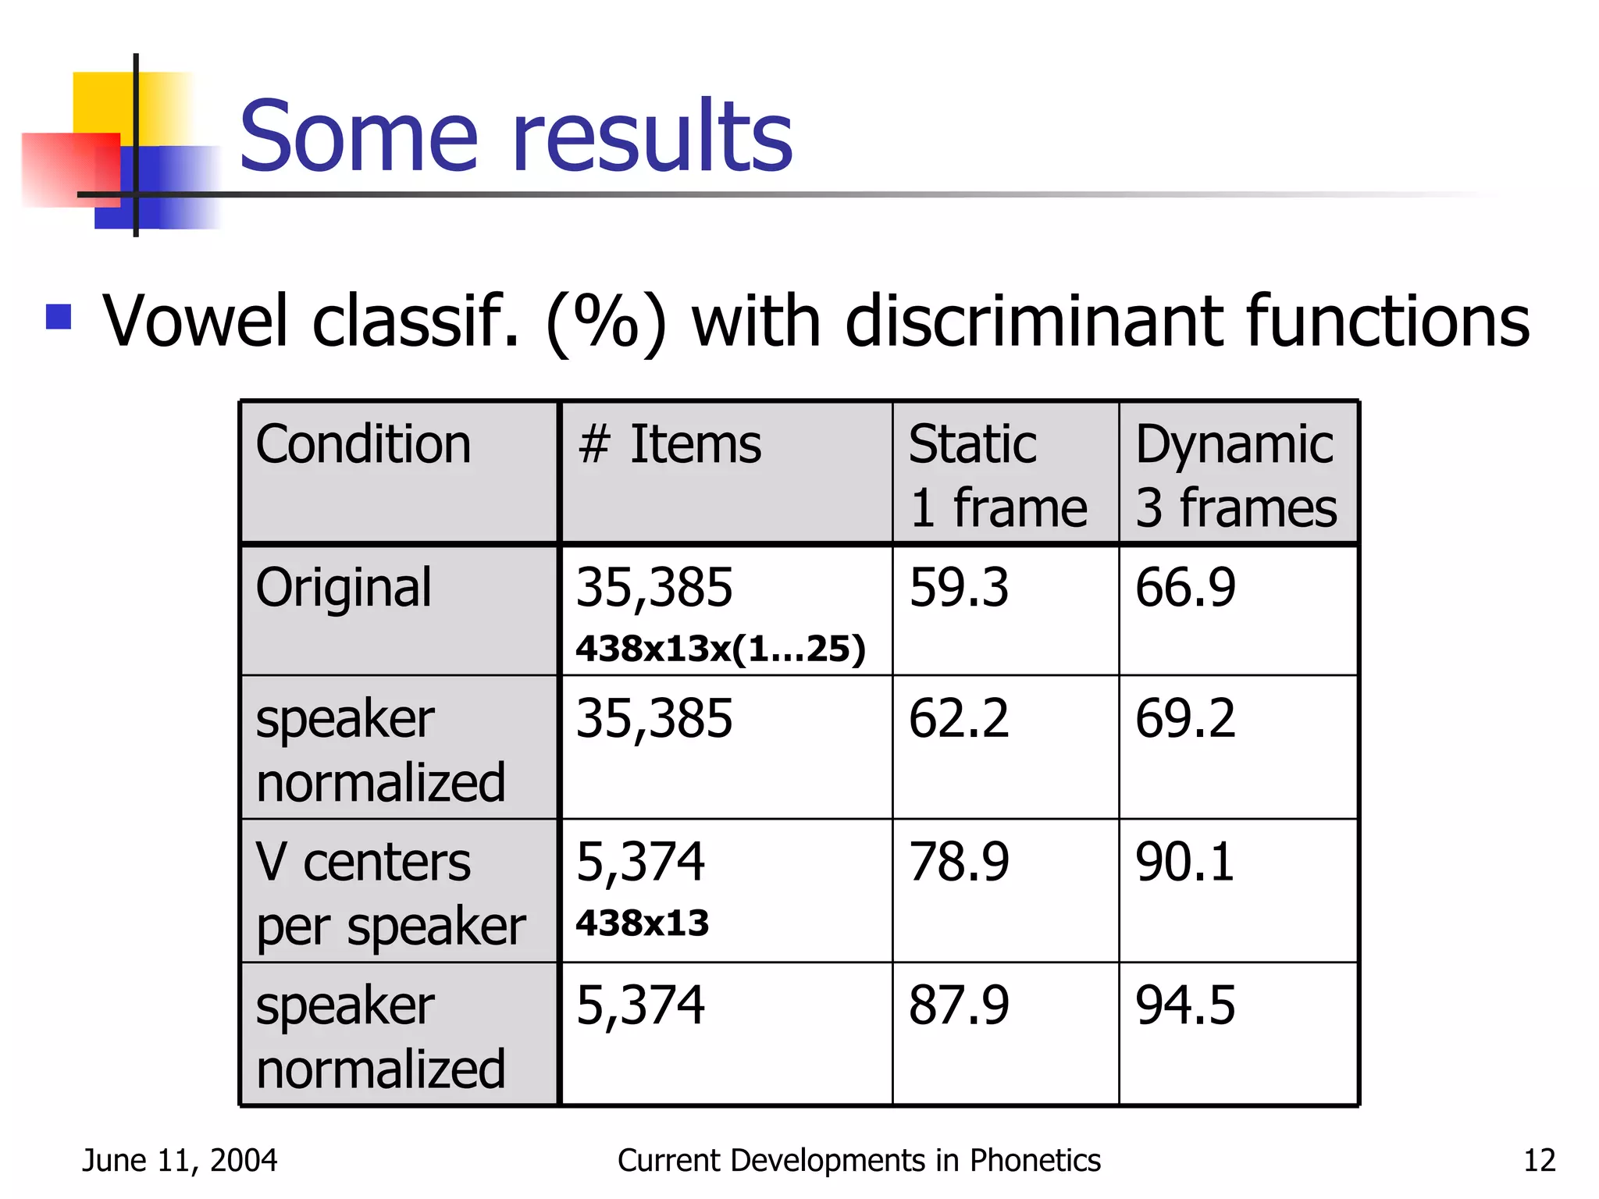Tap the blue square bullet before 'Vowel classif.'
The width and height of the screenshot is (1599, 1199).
[59, 317]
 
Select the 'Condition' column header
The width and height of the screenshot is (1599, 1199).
[363, 445]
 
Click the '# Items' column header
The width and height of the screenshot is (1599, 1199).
[669, 445]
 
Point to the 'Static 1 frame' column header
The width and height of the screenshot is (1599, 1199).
[997, 475]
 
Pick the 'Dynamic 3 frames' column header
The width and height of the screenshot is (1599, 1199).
[1235, 475]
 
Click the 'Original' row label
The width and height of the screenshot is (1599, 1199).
[344, 587]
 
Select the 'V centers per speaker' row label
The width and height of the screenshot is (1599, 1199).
[390, 894]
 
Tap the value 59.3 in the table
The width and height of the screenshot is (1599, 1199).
[959, 587]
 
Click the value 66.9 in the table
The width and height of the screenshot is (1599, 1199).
[1185, 587]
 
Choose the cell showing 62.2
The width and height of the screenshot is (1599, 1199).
[959, 718]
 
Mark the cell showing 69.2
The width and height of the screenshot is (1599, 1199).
[1185, 718]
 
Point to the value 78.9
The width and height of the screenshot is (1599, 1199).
[959, 862]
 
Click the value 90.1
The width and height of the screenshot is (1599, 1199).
[1185, 862]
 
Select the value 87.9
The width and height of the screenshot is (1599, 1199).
[959, 1005]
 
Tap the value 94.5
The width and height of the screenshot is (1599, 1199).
[1185, 1005]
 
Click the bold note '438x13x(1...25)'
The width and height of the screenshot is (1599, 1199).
[721, 649]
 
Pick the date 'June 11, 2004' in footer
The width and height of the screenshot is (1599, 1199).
[180, 1161]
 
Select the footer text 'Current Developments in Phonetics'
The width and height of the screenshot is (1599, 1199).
[859, 1161]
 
